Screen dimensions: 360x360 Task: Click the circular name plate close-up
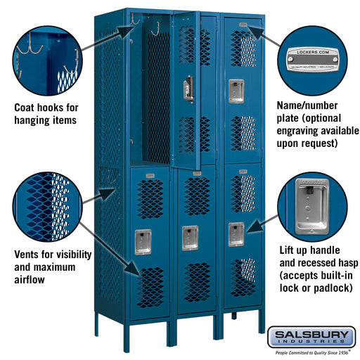coord(314,58)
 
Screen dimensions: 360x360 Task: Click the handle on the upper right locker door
coord(234,86)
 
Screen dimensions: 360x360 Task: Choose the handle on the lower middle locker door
coord(189,238)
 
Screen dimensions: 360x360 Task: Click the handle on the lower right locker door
coord(236,233)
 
